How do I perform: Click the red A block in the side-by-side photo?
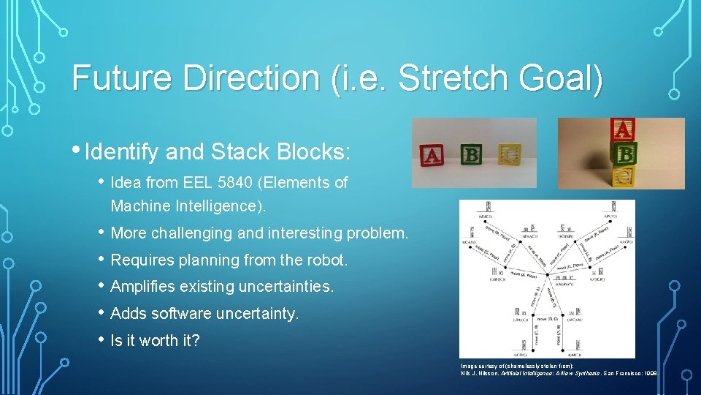(x=432, y=155)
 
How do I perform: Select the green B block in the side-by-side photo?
(x=471, y=154)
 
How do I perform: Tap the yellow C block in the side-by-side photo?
(x=509, y=154)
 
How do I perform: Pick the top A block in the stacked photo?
(x=622, y=130)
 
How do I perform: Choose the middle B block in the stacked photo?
(x=624, y=154)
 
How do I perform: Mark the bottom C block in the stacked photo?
(x=623, y=176)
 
